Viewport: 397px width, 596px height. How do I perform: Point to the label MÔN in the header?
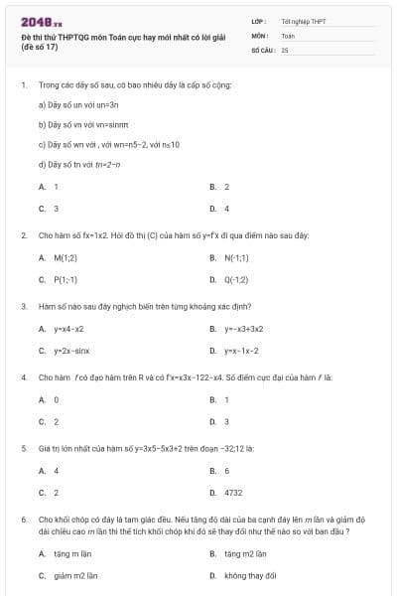point(260,34)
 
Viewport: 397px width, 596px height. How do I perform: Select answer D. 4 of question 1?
point(219,209)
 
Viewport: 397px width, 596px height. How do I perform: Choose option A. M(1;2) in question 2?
point(59,257)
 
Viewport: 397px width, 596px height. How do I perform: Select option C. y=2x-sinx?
point(64,351)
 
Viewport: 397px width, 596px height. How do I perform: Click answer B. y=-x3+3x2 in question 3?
point(236,329)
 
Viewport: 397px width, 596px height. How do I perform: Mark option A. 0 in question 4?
point(49,399)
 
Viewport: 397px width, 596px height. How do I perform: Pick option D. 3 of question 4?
point(219,421)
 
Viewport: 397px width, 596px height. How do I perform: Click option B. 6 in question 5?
point(219,470)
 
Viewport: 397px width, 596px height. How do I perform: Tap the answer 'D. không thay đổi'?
point(242,575)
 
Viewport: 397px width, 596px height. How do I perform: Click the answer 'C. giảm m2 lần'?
point(67,575)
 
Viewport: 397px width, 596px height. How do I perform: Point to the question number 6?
point(23,519)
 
